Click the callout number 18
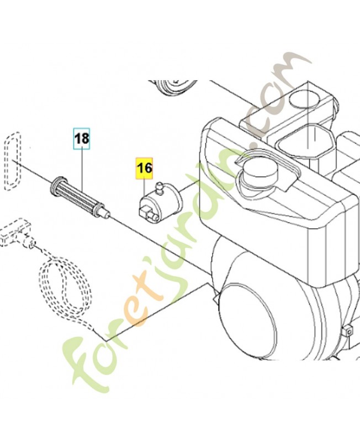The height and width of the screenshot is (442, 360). pos(82,139)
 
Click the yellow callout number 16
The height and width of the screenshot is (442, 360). pos(145,169)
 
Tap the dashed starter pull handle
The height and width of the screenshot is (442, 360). pos(16,233)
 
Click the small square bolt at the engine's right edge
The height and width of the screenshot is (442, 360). pos(348,330)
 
